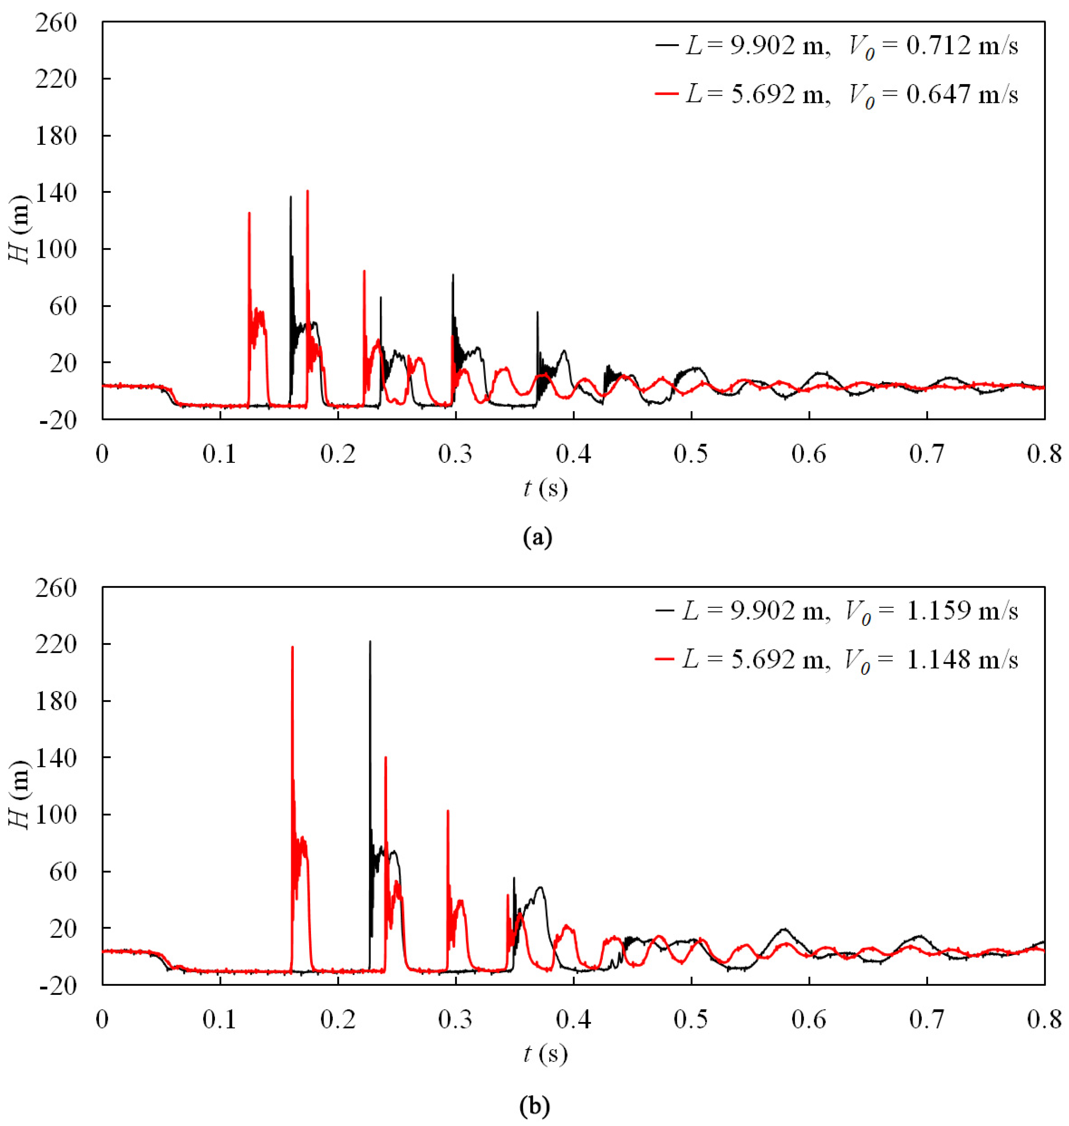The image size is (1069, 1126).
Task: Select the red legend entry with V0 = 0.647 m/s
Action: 836,94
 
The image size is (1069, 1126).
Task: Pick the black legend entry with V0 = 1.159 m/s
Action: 836,610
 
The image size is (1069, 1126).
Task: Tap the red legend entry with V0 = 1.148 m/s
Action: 836,659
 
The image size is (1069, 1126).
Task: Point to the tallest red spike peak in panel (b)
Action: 292,647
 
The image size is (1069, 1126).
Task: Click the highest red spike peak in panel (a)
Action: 308,191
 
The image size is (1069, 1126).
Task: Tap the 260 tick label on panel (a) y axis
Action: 56,23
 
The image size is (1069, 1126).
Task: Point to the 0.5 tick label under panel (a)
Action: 691,454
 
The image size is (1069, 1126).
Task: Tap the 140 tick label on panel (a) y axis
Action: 56,193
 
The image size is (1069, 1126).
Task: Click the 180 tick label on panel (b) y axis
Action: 56,701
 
